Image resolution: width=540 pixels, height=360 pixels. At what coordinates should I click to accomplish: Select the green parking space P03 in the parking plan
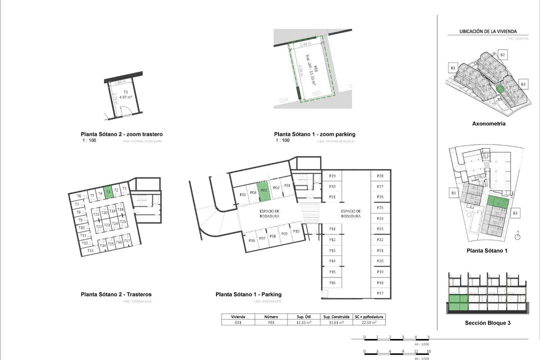coord(263,190)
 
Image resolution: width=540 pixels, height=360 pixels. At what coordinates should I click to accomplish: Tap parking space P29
coord(332,176)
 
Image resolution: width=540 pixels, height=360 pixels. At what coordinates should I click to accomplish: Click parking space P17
coord(380,293)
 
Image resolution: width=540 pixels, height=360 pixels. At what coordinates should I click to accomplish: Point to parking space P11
coord(332,228)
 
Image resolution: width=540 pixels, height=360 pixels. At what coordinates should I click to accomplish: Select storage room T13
coord(90,250)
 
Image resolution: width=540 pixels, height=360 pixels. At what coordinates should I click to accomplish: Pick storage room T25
coord(122,221)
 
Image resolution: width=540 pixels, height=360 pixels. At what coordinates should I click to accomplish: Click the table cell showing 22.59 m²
coord(369,322)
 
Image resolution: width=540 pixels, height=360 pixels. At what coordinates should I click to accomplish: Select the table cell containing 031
coord(238,322)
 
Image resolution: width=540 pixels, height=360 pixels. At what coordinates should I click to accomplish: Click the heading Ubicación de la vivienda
coord(488,31)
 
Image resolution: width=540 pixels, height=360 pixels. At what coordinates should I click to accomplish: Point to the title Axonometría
coord(488,123)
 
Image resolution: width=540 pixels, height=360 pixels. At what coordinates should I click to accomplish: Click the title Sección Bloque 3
coord(487,323)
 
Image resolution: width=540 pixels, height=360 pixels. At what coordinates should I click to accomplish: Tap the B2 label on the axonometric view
coord(502,54)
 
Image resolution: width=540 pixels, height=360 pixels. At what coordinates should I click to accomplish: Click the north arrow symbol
coord(518,236)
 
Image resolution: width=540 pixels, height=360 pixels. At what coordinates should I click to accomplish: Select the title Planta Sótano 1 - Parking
coord(248,294)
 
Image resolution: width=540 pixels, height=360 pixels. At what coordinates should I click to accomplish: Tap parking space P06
coord(251,240)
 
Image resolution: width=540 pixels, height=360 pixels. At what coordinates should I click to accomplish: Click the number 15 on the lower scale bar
coord(429,351)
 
